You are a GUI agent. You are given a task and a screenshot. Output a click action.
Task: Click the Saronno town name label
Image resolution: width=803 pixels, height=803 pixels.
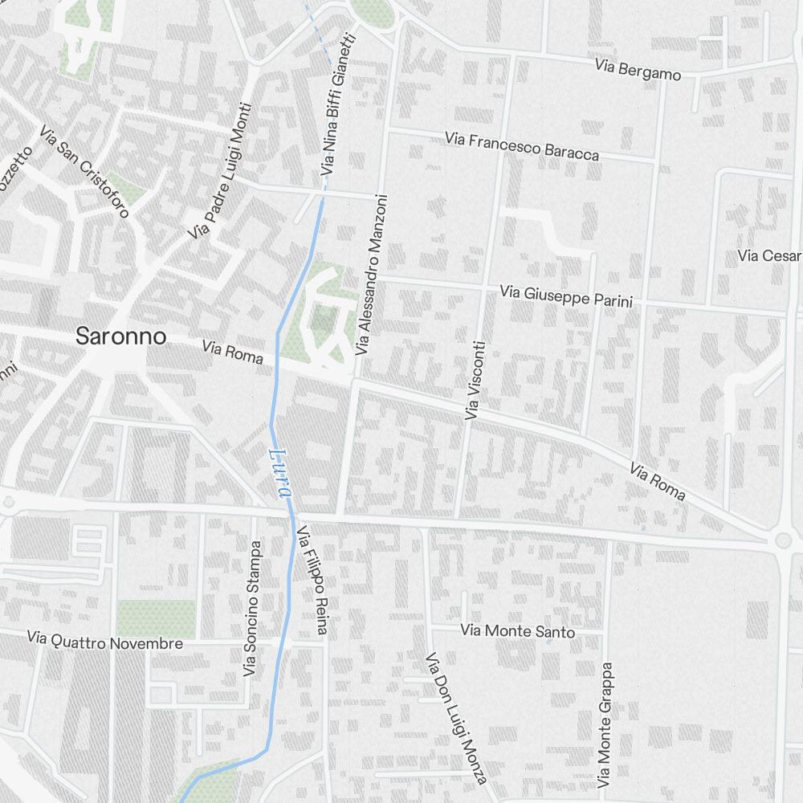point(120,336)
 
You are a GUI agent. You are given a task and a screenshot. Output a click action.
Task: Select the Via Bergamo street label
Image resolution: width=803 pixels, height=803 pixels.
point(638,70)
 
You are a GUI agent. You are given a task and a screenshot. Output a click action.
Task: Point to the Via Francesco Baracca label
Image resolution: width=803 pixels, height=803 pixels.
point(522,146)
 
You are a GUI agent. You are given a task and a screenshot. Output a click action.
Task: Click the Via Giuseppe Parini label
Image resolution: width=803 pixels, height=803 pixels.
point(565,296)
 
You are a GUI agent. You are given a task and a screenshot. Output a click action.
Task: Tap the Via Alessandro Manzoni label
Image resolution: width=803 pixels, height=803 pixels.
point(372,274)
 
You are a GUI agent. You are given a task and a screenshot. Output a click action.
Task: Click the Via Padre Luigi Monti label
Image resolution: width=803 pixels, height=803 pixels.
point(220,171)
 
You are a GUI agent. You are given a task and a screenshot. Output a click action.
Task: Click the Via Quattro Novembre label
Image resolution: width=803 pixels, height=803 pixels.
point(104,642)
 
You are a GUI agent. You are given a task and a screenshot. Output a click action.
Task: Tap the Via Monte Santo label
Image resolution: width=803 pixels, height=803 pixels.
point(518,631)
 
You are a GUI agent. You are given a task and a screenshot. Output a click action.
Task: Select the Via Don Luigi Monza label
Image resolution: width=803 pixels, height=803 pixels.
point(456,717)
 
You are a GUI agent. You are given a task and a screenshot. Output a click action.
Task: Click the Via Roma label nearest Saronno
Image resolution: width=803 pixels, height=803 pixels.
point(233,352)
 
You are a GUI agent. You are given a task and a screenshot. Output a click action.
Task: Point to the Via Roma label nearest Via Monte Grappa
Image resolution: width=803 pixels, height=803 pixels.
point(658,481)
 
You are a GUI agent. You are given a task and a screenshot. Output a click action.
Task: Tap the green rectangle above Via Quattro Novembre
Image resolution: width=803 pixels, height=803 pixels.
point(156,618)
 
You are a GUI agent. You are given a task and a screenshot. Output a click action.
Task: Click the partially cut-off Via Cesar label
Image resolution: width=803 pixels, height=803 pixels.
point(770,255)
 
